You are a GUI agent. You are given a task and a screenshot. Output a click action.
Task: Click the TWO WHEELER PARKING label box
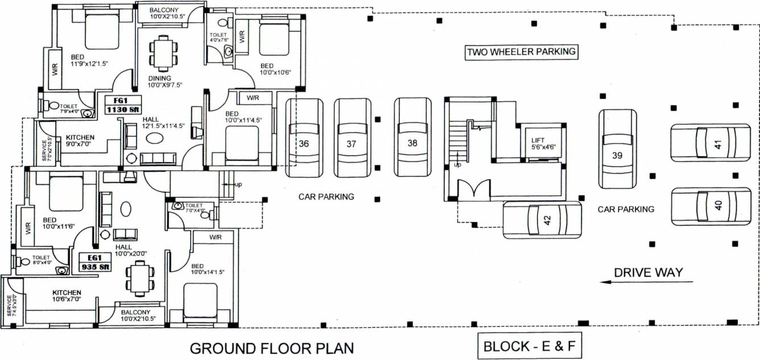[521, 52]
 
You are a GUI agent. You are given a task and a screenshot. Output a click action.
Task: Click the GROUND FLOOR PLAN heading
[271, 347]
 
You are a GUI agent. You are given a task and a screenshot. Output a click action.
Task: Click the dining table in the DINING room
[163, 52]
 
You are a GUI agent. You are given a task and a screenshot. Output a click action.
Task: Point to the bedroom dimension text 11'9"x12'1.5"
[89, 64]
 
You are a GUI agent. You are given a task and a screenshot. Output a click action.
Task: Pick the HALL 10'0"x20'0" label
[131, 250]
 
